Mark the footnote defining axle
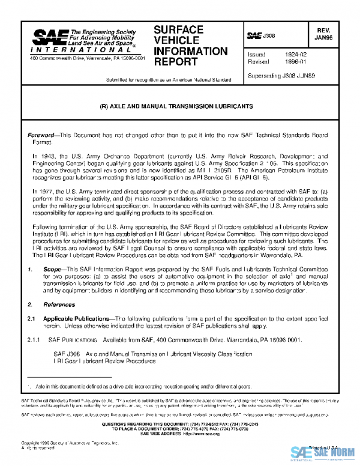[x=142, y=387]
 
